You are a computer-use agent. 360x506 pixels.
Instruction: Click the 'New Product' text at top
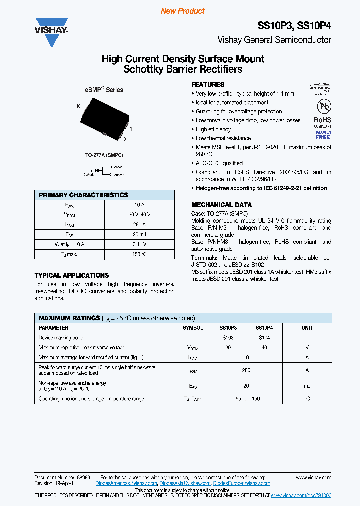pos(183,11)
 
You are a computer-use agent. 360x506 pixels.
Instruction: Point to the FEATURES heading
pos(208,85)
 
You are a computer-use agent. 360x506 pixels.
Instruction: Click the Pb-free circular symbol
pos(322,107)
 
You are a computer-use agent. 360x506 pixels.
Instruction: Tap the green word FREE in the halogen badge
pos(322,137)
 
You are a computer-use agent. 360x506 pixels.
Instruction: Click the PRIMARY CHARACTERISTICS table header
pos(83,195)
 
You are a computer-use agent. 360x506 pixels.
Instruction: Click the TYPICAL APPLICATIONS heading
pos(71,275)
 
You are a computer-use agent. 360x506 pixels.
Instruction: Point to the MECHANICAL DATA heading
pos(221,205)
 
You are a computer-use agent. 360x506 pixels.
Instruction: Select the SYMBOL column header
pos(193,328)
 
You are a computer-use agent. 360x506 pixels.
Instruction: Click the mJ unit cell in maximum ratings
pos(307,386)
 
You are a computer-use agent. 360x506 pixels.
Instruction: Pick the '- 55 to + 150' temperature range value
pos(245,399)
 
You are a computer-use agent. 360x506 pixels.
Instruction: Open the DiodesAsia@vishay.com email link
pos(185,484)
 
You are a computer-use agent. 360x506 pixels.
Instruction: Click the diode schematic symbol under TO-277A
pos(104,171)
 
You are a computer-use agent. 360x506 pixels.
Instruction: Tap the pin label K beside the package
pos(78,106)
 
